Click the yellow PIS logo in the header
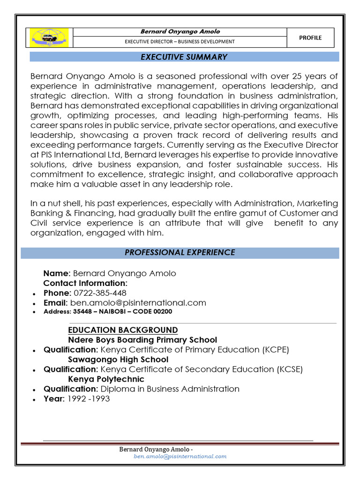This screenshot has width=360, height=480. tap(49, 38)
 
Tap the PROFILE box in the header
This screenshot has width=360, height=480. tap(310, 38)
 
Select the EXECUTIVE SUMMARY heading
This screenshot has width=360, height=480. tap(184, 57)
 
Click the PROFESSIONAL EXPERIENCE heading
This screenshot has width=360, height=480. tap(180, 253)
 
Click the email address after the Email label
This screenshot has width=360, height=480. tap(138, 303)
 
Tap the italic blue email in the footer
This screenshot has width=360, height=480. tap(180, 456)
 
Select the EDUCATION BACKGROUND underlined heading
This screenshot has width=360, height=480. tap(123, 330)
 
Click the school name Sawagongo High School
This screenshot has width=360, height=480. tap(118, 360)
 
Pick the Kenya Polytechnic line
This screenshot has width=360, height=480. tap(106, 379)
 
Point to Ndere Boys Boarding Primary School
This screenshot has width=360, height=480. tap(142, 340)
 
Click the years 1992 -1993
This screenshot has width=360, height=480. tap(89, 398)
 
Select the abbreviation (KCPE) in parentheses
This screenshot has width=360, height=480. tap(276, 350)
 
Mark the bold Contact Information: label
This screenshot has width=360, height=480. tap(85, 283)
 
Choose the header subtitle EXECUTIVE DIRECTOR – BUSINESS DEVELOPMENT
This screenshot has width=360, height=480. tap(180, 42)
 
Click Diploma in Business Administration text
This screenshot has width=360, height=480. tap(170, 389)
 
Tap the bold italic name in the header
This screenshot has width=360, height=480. tap(180, 32)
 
